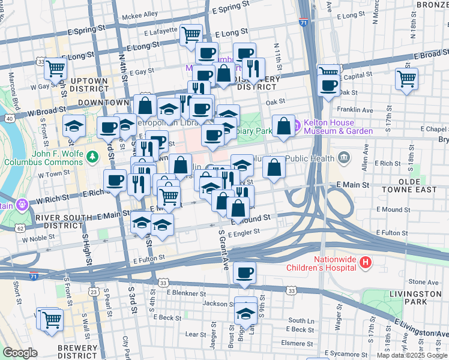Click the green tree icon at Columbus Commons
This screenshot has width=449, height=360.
pyautogui.click(x=92, y=157)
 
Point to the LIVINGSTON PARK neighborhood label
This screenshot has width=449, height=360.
pyautogui.click(x=414, y=298)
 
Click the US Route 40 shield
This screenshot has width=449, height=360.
pyautogui.click(x=9, y=119)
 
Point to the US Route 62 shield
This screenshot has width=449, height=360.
pyautogui.click(x=20, y=229)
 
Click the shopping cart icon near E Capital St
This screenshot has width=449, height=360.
pyautogui.click(x=406, y=79)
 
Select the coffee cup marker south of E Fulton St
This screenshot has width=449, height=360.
pyautogui.click(x=244, y=274)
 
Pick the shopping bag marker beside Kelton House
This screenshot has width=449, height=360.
pyautogui.click(x=283, y=126)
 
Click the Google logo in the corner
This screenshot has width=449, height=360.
pyautogui.click(x=20, y=353)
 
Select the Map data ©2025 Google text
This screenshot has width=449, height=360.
pyautogui.click(x=411, y=355)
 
